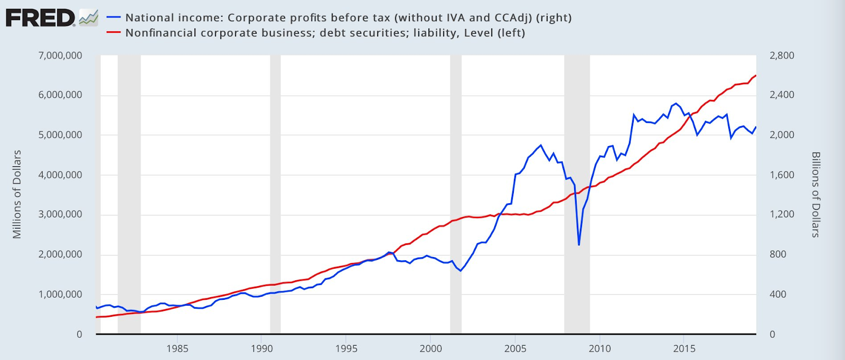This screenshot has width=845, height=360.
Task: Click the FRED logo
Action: (x=40, y=18)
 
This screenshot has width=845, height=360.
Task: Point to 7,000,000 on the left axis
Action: (x=60, y=55)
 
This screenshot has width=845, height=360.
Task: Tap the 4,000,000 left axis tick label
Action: (x=60, y=175)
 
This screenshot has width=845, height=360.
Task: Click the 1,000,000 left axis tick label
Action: (x=60, y=294)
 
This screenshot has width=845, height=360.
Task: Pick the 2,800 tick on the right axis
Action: (x=782, y=55)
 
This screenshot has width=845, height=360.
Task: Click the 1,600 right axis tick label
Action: (x=782, y=175)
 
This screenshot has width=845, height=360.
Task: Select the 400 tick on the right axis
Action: (x=777, y=294)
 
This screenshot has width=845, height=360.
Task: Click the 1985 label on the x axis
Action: (x=177, y=348)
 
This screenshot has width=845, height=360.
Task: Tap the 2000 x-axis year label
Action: (x=430, y=348)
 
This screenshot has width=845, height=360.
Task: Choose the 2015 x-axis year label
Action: (x=684, y=348)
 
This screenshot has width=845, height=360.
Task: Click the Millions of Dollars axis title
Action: (x=17, y=194)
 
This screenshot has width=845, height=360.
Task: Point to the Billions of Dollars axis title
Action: (x=815, y=194)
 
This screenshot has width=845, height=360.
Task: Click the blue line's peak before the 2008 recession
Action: (x=541, y=145)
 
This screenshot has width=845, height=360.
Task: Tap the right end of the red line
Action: (x=756, y=75)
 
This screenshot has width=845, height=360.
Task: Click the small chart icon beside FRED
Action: (x=89, y=18)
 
